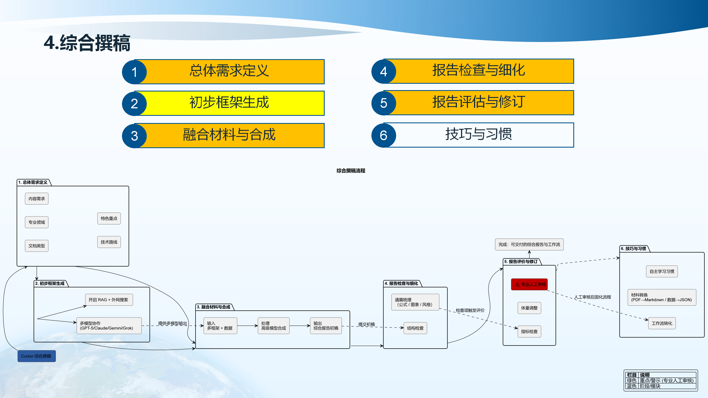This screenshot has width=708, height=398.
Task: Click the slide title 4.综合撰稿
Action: coord(87,43)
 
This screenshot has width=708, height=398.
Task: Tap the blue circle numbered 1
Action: coord(134,72)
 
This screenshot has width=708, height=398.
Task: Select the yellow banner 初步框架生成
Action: coord(229,103)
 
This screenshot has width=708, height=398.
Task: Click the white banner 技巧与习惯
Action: coord(478,135)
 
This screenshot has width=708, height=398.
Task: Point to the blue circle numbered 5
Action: coord(384,103)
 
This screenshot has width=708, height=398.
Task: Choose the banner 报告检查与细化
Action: coord(478,71)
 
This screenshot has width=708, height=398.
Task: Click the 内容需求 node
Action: coord(37,199)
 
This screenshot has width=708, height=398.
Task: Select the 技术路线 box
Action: coord(109,242)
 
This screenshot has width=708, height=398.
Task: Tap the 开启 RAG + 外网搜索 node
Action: coord(109,300)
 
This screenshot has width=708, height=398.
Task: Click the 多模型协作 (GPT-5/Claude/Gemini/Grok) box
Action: coord(109,326)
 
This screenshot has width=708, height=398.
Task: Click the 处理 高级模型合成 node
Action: coord(274,326)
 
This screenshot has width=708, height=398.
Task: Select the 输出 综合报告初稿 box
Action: coord(326,326)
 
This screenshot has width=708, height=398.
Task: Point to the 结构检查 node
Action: coord(415,328)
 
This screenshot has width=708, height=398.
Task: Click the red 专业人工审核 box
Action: coord(529,284)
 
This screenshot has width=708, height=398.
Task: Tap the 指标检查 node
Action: coord(529,332)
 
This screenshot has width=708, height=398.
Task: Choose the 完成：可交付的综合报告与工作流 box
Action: coord(529,245)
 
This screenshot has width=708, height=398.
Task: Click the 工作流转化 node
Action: coord(662,323)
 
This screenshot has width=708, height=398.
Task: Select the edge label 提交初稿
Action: coord(366,324)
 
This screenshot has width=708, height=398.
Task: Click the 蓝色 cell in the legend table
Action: coord(632,386)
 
